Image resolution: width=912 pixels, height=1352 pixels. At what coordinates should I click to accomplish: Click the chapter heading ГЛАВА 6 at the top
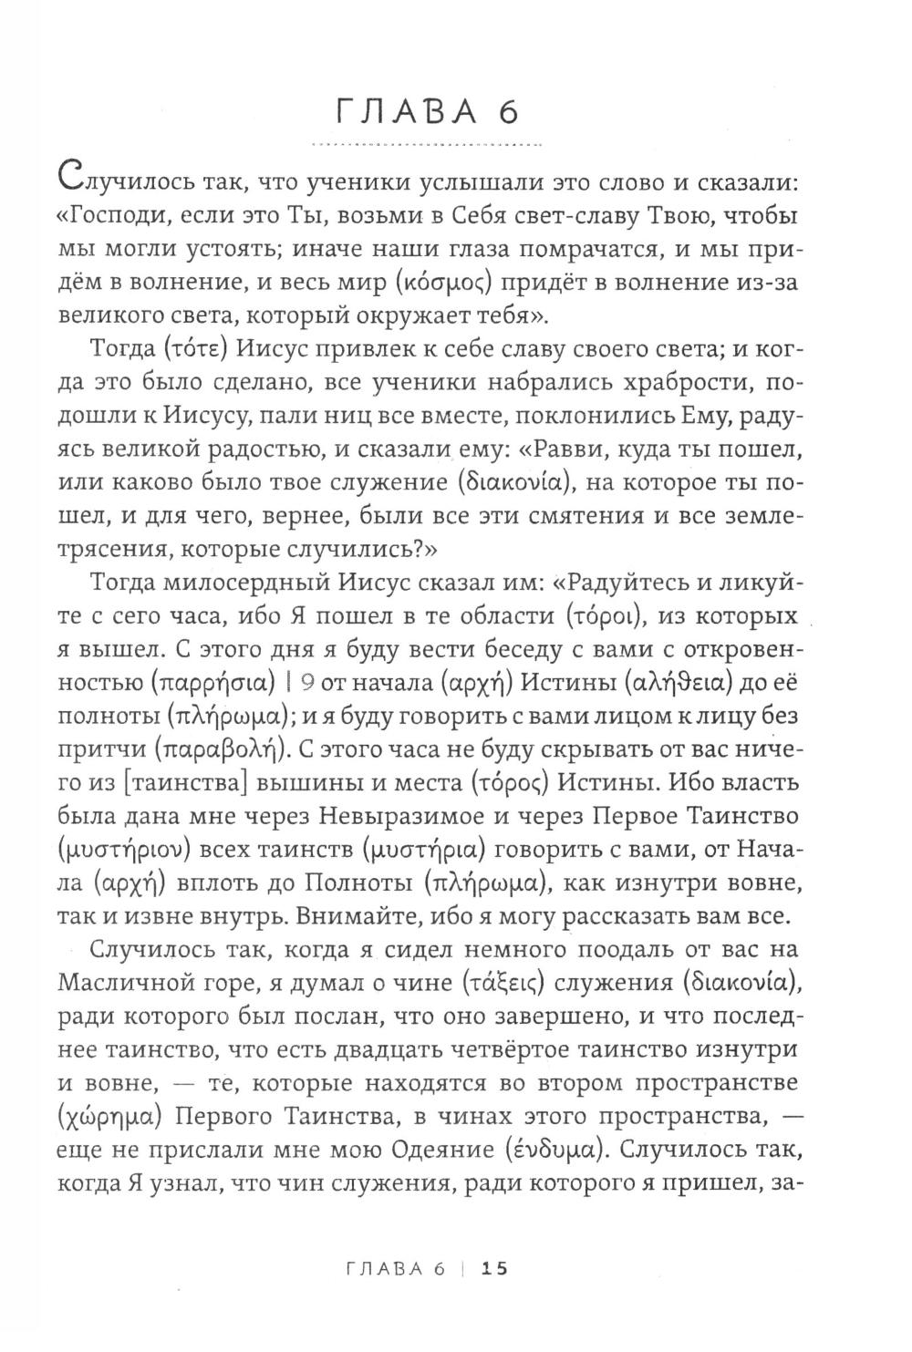427,112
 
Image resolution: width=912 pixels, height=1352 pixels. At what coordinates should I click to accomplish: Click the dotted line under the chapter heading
427,145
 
